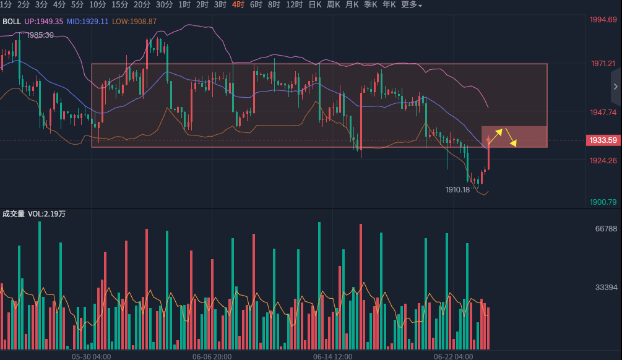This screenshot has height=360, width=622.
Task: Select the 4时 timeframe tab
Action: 238,5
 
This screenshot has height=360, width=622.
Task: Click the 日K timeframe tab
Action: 314,5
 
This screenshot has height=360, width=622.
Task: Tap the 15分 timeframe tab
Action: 119,5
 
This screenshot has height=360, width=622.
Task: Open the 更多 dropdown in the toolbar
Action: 412,5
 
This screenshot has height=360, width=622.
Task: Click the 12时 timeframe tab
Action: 294,5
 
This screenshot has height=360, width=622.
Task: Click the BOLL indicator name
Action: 12,21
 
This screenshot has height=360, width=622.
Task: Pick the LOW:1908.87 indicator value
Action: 134,21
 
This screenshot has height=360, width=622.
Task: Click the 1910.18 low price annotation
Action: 458,189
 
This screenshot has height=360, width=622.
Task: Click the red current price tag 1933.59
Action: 602,140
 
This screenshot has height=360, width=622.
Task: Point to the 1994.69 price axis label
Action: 603,20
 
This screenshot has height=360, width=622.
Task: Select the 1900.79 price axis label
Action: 603,202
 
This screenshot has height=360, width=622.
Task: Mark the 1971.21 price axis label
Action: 603,64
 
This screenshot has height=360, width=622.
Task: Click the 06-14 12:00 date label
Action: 332,356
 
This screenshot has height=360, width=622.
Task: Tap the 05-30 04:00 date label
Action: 91,356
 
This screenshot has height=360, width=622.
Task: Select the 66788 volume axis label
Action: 606,229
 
